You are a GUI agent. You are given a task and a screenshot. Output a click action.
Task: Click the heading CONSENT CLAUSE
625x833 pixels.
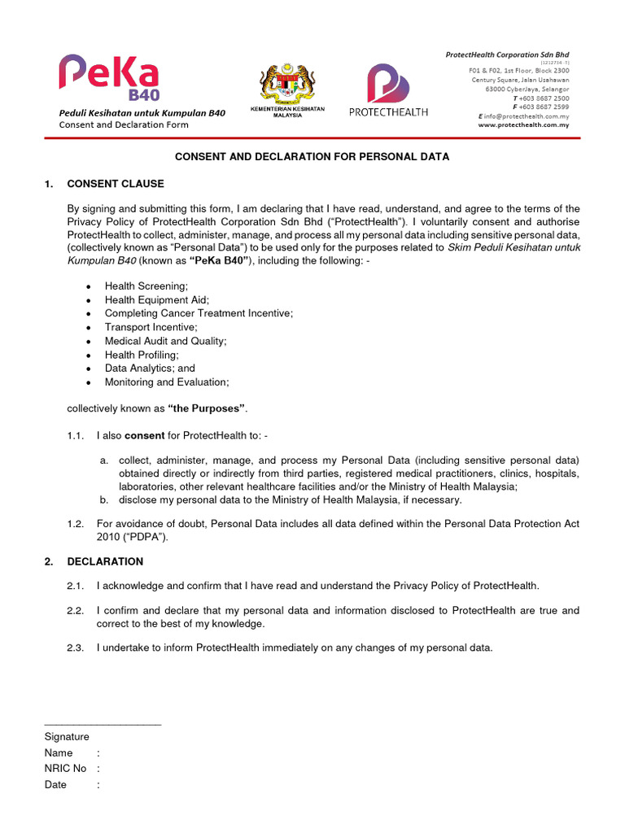point(115,184)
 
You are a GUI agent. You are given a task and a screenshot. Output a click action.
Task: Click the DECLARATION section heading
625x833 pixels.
point(105,561)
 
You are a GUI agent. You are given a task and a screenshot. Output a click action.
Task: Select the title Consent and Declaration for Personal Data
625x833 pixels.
point(312,157)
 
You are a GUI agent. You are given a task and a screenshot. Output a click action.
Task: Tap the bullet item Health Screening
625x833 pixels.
point(146,286)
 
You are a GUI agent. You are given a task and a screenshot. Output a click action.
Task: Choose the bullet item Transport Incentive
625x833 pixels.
point(151,327)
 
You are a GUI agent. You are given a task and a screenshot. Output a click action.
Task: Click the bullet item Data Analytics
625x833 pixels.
point(150,369)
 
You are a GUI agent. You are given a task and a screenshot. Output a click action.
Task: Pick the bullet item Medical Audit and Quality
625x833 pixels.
point(165,341)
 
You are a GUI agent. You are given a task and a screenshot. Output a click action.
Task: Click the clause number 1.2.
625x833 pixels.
point(76,524)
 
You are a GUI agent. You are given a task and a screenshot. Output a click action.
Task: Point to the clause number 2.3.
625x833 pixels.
point(76,648)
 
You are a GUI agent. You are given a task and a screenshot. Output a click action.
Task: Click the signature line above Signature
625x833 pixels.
point(103,723)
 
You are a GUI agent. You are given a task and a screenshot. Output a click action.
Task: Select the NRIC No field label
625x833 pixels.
point(65,769)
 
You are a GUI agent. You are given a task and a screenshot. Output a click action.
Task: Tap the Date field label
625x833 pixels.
point(56,785)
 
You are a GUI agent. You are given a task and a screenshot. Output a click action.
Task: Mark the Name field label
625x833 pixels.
point(59,753)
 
